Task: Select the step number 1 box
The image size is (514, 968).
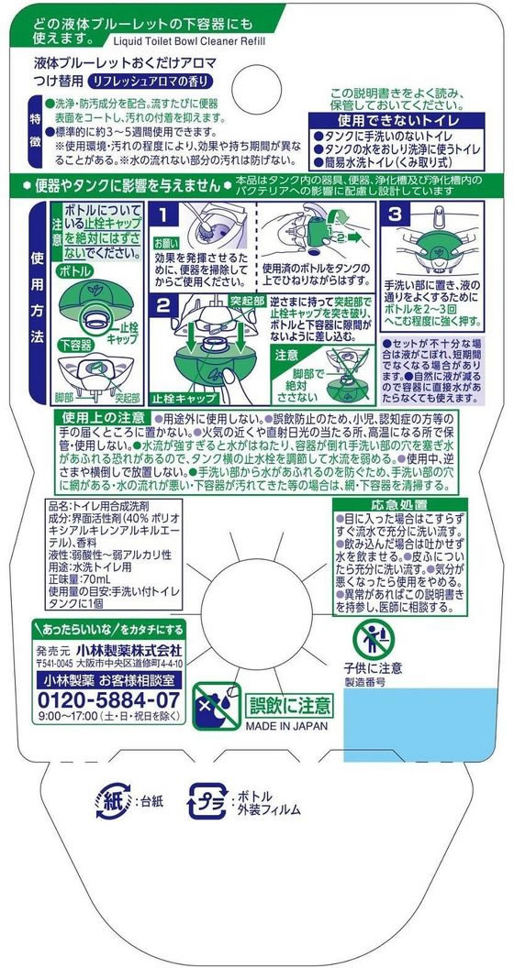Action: (x=162, y=214)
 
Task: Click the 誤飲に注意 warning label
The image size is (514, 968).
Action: (x=290, y=705)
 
